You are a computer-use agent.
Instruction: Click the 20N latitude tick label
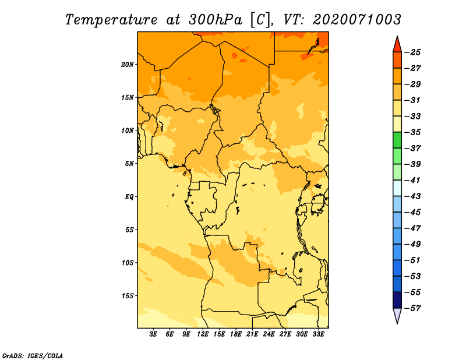pos(128,64)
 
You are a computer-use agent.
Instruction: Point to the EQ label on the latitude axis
pos(129,197)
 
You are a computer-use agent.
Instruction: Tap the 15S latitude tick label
pos(128,296)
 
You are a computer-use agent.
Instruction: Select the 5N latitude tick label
pos(129,164)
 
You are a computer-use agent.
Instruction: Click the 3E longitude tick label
pos(153,334)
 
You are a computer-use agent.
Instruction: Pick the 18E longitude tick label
pos(236,334)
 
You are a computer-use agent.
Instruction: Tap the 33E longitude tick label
pos(318,334)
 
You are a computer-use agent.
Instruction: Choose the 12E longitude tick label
pos(203,334)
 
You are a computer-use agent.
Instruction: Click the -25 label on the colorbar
pos(413,52)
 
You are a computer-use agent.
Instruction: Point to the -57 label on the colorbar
pos(413,308)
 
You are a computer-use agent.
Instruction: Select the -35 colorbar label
pos(413,132)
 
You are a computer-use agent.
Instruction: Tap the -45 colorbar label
pos(413,212)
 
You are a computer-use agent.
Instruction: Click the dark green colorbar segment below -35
pos(397,140)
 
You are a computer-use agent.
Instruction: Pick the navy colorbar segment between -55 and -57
pos(397,300)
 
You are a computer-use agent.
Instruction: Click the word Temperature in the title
pos(111,20)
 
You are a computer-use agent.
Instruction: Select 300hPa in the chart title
pos(215,20)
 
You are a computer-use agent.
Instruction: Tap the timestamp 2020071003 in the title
pos(356,20)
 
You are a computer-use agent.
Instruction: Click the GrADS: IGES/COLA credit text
pos(32,356)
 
